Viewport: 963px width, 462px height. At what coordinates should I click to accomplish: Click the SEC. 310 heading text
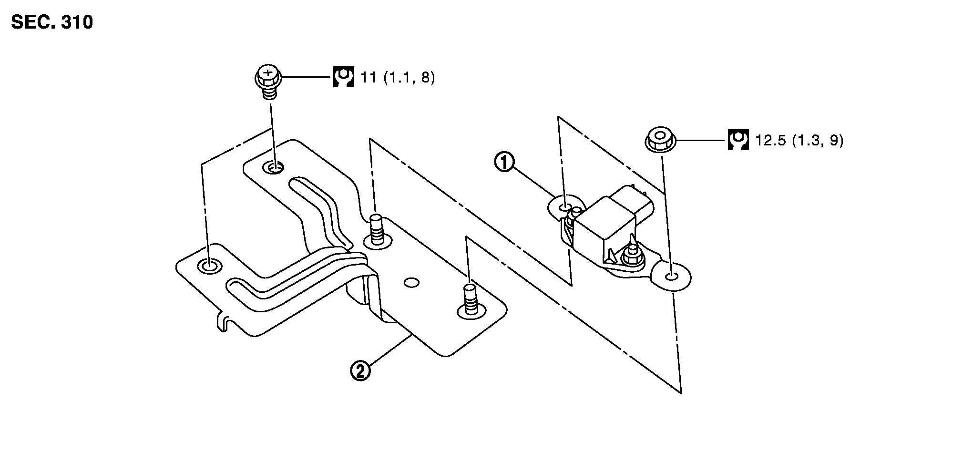pyautogui.click(x=51, y=22)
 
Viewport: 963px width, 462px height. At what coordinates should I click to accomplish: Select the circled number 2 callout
pyautogui.click(x=360, y=371)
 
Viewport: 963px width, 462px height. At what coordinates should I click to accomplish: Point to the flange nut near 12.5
pyautogui.click(x=660, y=140)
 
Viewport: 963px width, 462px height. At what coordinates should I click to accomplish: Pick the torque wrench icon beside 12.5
pyautogui.click(x=738, y=140)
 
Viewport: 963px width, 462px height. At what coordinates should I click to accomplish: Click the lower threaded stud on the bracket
pyautogui.click(x=470, y=300)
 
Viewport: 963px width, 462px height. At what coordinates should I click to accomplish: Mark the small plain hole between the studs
pyautogui.click(x=411, y=283)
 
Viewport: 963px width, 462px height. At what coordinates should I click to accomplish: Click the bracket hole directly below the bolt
pyautogui.click(x=274, y=167)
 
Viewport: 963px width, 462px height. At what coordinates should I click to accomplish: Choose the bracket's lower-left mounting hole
pyautogui.click(x=208, y=266)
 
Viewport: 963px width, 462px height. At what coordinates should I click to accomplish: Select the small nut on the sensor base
pyautogui.click(x=630, y=257)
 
